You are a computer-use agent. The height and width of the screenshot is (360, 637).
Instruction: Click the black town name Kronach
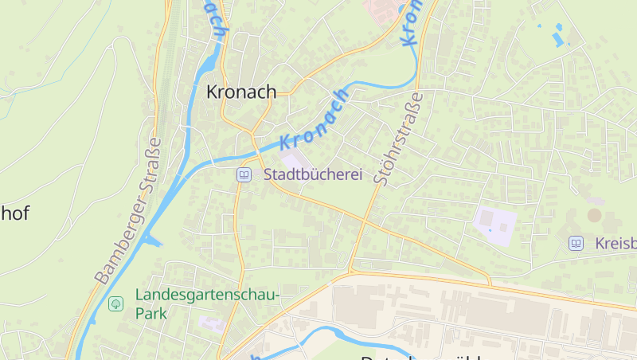coord(241,92)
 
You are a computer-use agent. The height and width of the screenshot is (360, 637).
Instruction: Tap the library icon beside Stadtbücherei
coord(244,174)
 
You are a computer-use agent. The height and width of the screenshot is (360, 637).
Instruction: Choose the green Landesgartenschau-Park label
coord(206,303)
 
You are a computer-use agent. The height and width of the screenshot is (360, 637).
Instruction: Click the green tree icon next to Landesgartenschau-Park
coord(115,303)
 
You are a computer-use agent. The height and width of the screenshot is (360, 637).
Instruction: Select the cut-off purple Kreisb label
coord(616,243)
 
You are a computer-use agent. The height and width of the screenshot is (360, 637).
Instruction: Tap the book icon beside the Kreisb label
coord(576,243)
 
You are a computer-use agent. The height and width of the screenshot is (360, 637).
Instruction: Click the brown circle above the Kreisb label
coord(595,214)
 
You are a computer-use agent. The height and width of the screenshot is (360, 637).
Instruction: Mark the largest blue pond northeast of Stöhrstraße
coord(558,36)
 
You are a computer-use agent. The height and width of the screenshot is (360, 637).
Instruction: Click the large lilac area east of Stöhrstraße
coord(494,225)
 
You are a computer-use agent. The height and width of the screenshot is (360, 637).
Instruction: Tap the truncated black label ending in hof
coord(15,213)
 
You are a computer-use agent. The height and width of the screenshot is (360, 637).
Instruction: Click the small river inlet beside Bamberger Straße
coord(153,240)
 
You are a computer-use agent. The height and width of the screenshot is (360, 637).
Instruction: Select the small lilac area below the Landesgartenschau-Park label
coord(212,323)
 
